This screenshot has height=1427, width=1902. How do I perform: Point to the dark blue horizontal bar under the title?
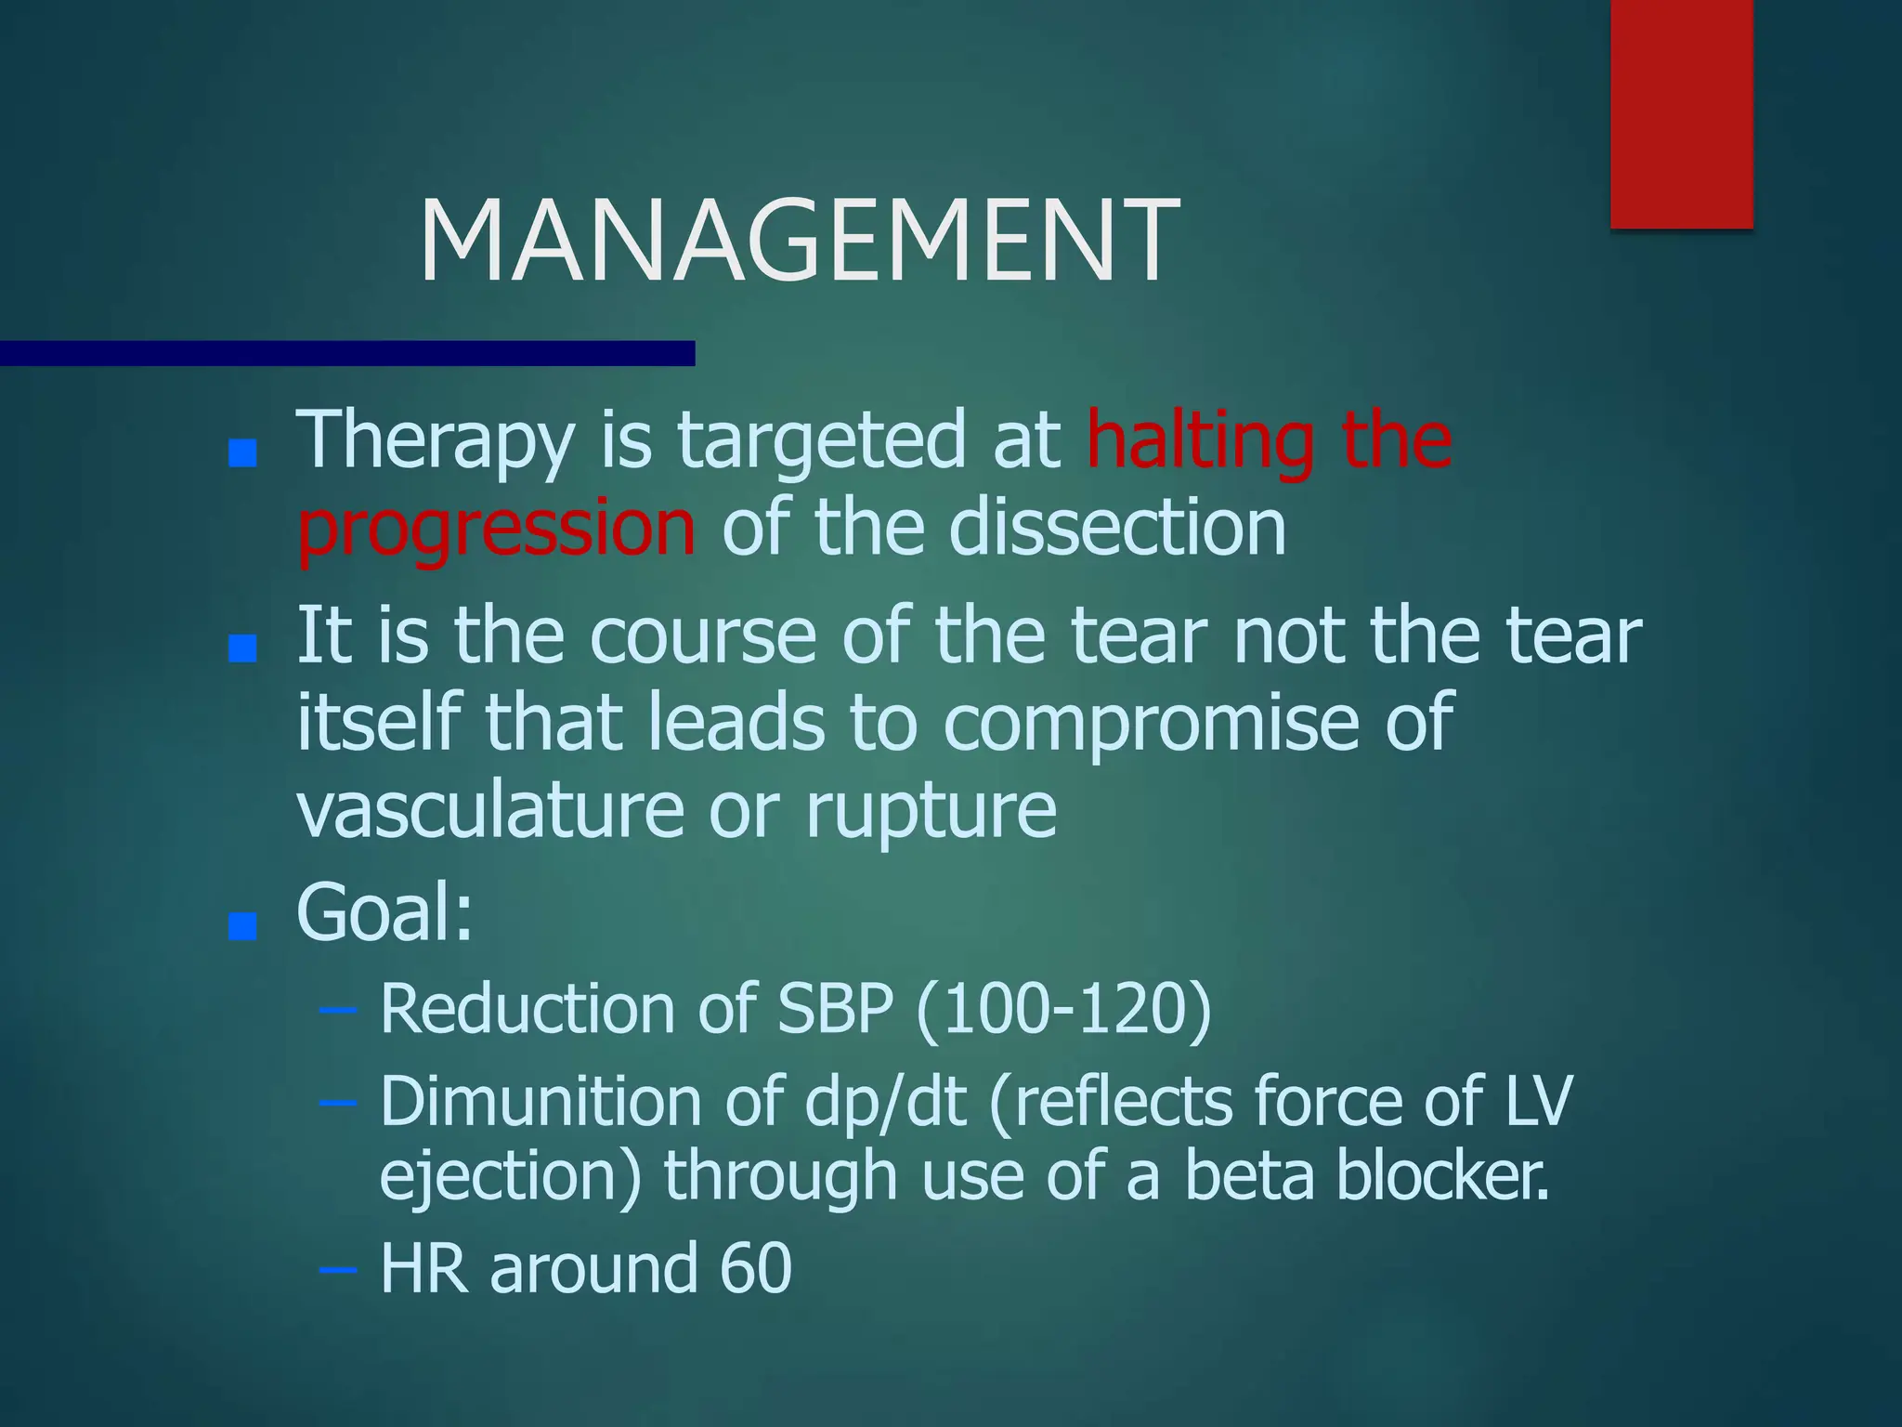(347, 353)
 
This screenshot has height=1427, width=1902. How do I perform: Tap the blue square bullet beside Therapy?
(242, 453)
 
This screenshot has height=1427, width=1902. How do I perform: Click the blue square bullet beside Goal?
(242, 925)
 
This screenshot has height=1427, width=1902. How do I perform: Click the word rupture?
(931, 810)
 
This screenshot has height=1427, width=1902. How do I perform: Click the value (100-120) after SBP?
(1063, 1010)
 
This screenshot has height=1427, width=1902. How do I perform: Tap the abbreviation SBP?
(835, 1009)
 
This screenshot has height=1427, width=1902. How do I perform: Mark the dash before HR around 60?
(336, 1269)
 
